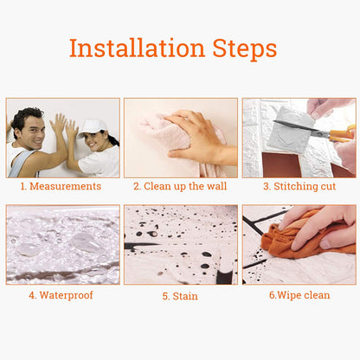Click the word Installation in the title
click(x=138, y=48)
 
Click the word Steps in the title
click(x=245, y=49)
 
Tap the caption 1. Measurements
click(x=61, y=186)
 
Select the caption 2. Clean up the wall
click(x=180, y=186)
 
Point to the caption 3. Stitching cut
click(x=299, y=186)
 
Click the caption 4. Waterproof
click(x=61, y=295)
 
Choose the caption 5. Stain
click(x=180, y=296)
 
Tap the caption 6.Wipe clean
click(x=299, y=295)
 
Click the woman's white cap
click(x=92, y=128)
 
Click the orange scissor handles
click(x=343, y=134)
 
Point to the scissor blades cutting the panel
click(x=300, y=128)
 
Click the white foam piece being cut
click(x=291, y=131)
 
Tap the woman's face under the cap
click(x=96, y=141)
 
